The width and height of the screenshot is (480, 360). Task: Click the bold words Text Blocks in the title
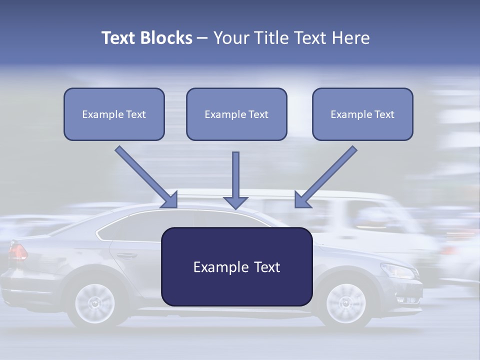click(146, 38)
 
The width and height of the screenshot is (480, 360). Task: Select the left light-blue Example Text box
click(114, 114)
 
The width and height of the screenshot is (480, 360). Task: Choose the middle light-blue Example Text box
click(236, 114)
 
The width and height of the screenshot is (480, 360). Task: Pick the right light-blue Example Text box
click(362, 114)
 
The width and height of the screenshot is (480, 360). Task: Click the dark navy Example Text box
click(237, 266)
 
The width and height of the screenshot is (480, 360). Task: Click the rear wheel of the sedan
click(94, 302)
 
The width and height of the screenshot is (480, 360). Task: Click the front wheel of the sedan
click(345, 302)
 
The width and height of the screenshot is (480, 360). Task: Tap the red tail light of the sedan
click(17, 251)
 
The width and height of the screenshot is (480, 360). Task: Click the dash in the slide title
click(202, 38)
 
